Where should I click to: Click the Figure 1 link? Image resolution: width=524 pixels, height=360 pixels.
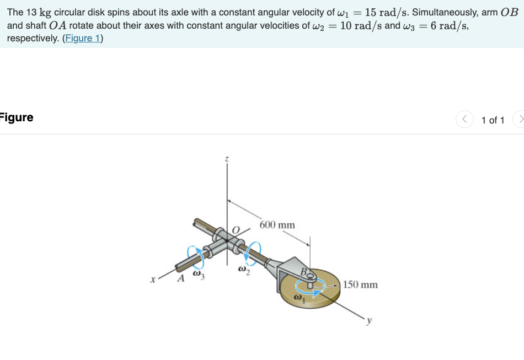(x=83, y=39)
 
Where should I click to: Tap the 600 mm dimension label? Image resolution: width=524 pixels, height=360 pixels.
(x=277, y=225)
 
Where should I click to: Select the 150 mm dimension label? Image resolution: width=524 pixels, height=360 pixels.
(x=360, y=284)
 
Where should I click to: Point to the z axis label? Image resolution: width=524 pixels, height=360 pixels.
(x=227, y=159)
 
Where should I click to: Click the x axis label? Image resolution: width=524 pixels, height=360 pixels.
(x=153, y=279)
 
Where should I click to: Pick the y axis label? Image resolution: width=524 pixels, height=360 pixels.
(x=369, y=321)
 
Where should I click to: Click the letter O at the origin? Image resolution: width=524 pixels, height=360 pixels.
(x=236, y=230)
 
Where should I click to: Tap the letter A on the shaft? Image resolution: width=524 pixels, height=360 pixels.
(x=181, y=278)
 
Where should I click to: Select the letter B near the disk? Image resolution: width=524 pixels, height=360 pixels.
(x=303, y=271)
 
